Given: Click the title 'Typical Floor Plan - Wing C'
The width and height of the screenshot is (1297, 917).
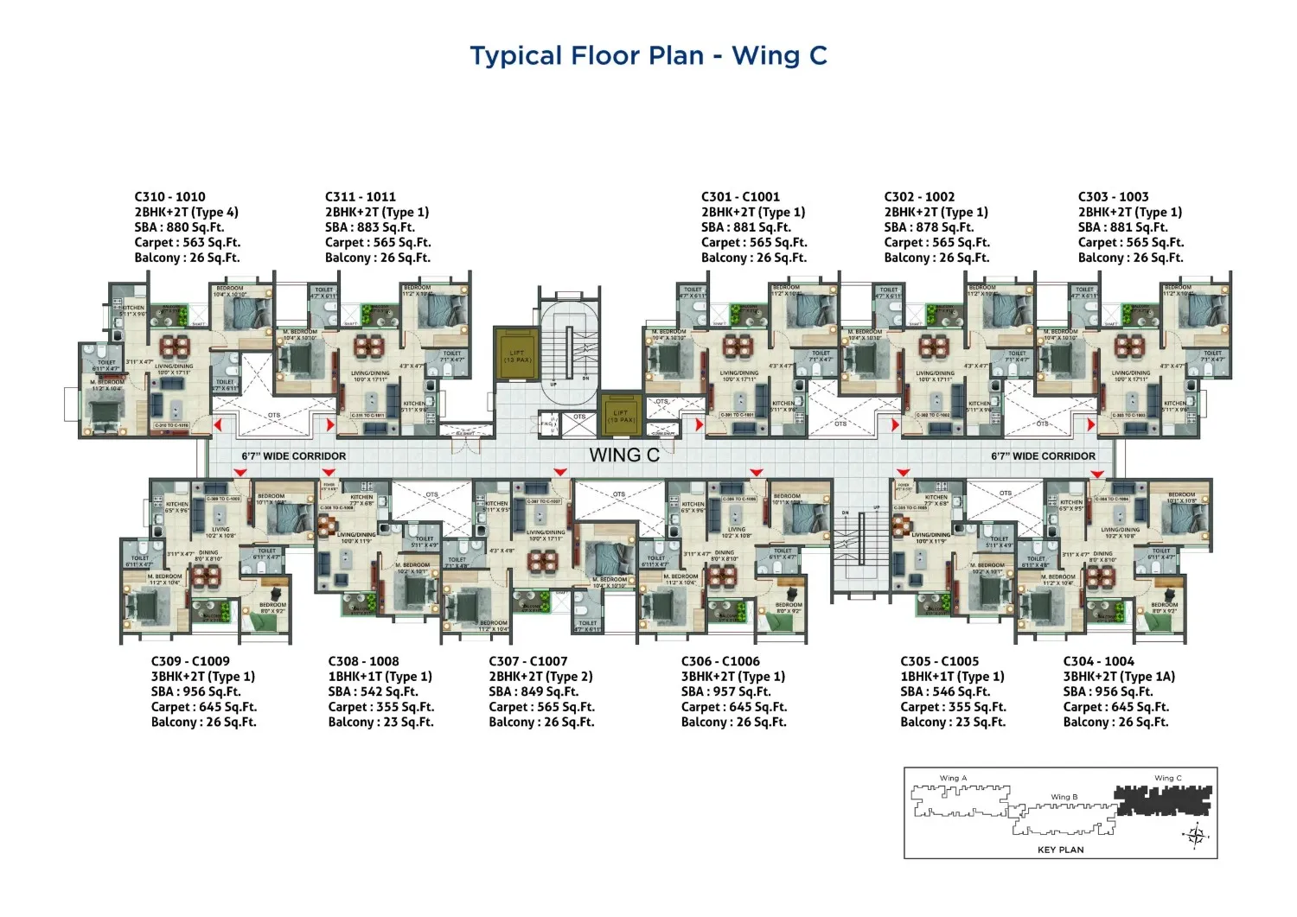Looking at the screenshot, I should (648, 56).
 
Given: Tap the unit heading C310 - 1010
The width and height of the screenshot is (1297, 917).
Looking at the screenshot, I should (169, 197).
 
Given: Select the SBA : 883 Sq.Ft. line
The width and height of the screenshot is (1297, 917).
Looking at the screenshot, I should (369, 227).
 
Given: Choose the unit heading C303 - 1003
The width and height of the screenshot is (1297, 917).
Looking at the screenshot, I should (1113, 197).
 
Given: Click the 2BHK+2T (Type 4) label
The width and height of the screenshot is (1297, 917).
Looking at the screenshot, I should (186, 213).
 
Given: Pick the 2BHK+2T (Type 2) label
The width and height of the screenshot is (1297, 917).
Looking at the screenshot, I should (540, 677).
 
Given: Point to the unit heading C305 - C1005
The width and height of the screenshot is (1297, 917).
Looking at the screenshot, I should (939, 661).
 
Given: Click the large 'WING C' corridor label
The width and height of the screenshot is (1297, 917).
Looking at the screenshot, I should (623, 455).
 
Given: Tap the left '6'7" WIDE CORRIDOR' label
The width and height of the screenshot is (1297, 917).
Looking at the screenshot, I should (293, 456).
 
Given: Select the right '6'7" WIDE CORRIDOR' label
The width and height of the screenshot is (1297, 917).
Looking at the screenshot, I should (1043, 456).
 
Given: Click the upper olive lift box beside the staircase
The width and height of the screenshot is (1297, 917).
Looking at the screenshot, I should (516, 356).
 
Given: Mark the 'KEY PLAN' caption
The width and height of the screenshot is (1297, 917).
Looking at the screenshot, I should (1060, 850).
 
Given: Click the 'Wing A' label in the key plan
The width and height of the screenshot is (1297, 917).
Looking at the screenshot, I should (953, 778).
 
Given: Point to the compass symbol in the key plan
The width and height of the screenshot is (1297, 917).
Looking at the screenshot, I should (1196, 835).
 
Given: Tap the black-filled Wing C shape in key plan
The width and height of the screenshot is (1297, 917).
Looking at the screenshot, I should (1163, 801).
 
